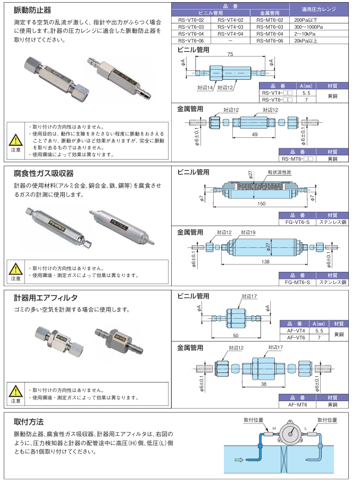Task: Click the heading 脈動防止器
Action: click(x=32, y=10)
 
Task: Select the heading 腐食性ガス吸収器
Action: click(x=44, y=173)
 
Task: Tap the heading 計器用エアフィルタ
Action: click(x=46, y=297)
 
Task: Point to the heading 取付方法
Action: click(x=29, y=421)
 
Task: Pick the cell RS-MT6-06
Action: click(x=269, y=40)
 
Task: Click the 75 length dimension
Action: click(x=230, y=54)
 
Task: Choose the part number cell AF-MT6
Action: click(x=296, y=404)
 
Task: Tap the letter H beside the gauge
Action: click(x=274, y=429)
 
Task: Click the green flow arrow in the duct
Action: click(x=240, y=460)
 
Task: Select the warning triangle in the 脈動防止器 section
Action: click(x=15, y=139)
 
